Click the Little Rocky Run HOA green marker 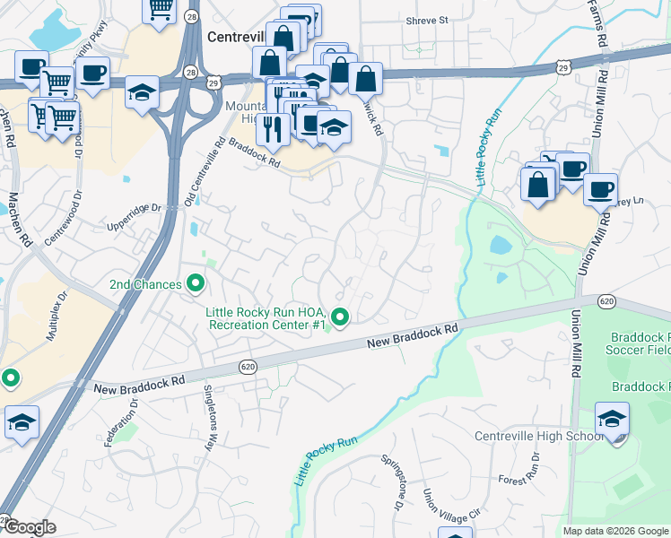[x=340, y=317]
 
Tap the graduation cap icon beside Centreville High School [x=612, y=420]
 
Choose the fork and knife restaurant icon [x=271, y=130]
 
